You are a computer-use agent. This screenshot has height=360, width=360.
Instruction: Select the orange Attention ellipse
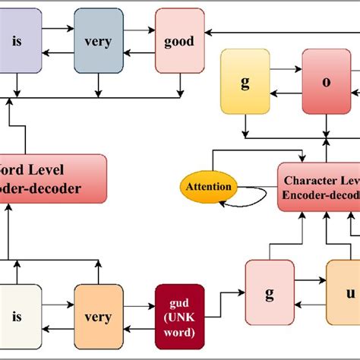click(208, 187)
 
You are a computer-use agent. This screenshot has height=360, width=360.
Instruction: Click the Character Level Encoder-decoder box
click(318, 186)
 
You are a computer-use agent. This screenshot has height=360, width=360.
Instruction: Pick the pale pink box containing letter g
click(269, 292)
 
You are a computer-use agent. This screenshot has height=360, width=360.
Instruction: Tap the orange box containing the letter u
click(345, 292)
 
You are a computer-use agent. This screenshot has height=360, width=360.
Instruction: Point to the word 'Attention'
click(208, 187)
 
